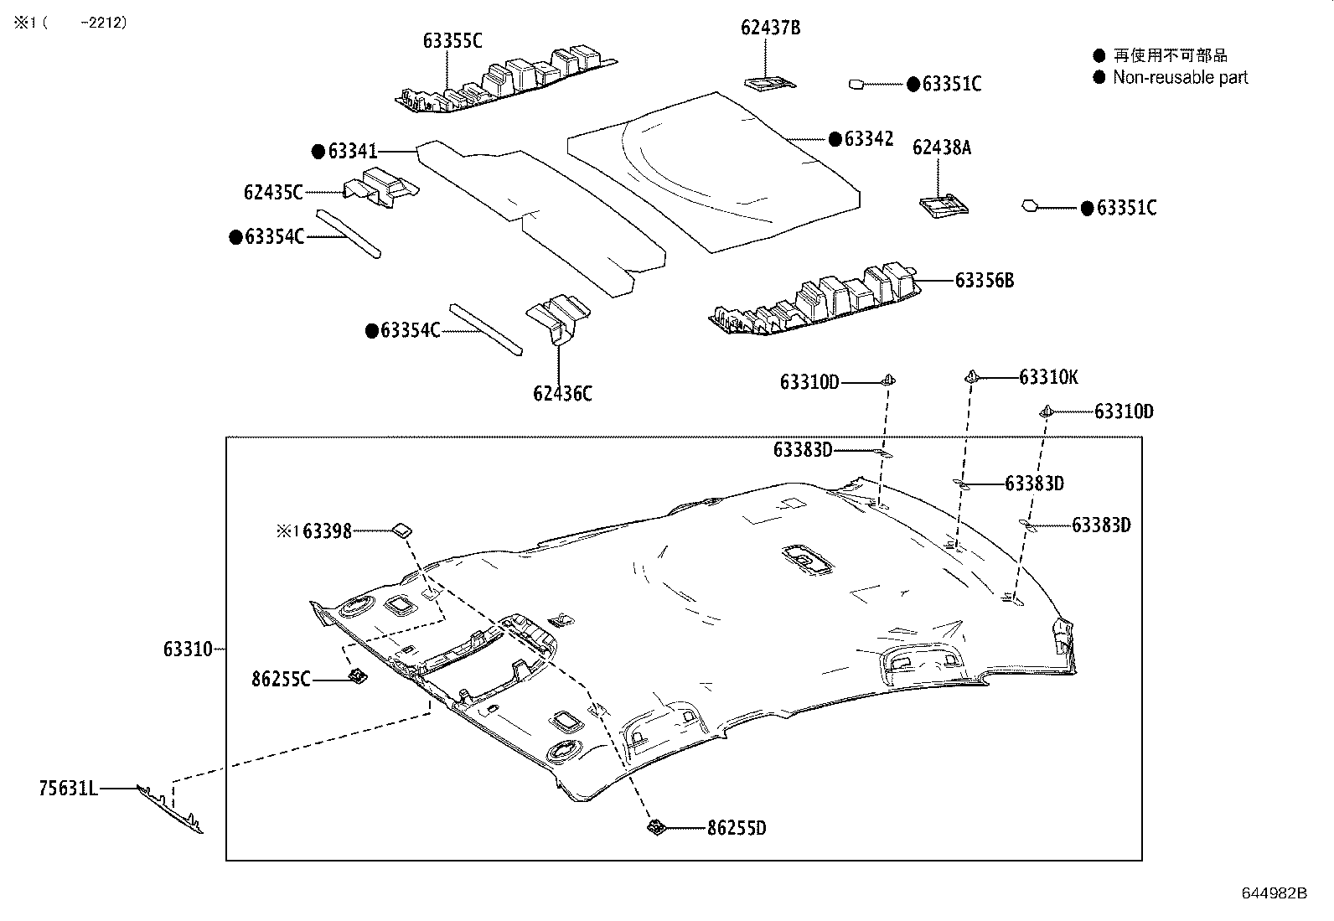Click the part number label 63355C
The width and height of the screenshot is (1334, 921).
pos(452,40)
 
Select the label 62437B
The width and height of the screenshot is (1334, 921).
pos(770,28)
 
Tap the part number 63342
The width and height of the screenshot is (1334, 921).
pos(868,139)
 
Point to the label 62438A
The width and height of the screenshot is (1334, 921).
pos(941,147)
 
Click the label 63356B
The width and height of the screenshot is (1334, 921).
pos(984,280)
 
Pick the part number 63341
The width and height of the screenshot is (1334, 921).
pos(352,152)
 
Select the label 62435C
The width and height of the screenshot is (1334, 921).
pos(273,193)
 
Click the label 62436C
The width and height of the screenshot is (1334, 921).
pos(561,393)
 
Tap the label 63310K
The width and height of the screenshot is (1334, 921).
pos(1048,377)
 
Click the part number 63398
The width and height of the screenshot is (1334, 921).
pos(327,530)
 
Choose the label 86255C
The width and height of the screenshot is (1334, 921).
pos(281,679)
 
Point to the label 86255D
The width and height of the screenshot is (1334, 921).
pos(737,829)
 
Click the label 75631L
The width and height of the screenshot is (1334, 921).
pos(68,788)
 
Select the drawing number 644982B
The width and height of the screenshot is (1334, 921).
pos(1274,893)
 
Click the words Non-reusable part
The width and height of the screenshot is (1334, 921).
pos(1180,77)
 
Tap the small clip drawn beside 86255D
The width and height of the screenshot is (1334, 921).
pos(656,828)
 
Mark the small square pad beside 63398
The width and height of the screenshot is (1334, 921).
pos(402,529)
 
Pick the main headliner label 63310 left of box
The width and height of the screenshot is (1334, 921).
pos(188,649)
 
